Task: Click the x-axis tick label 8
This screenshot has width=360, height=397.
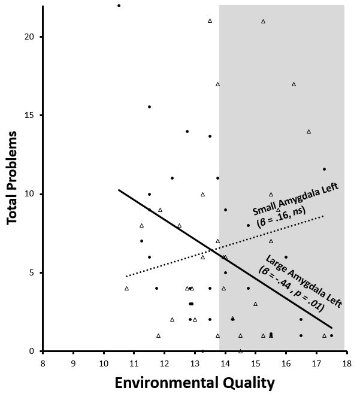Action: click(x=43, y=363)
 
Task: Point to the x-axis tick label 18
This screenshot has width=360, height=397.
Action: click(x=346, y=363)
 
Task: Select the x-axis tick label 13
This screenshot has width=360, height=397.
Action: click(x=194, y=363)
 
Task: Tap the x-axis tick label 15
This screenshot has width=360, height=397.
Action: click(x=255, y=363)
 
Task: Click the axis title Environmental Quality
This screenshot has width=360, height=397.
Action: click(x=195, y=383)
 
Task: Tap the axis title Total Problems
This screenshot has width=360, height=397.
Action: click(x=13, y=178)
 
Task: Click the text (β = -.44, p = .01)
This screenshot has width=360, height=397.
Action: click(x=292, y=289)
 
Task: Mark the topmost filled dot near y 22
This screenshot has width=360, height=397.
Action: click(x=119, y=5)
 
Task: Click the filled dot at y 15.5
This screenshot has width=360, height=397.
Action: click(x=149, y=107)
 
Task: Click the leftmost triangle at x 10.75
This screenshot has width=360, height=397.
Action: click(x=126, y=289)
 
